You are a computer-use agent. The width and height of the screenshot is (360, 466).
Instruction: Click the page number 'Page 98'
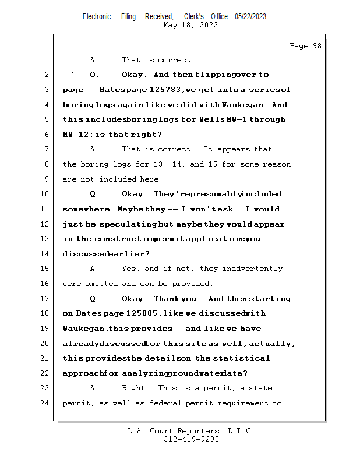coord(305,46)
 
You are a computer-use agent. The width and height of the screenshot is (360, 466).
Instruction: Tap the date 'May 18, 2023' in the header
coord(191,25)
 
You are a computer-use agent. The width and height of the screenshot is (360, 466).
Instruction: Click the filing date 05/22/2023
coord(250,17)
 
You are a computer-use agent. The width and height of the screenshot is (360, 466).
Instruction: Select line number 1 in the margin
coord(46,60)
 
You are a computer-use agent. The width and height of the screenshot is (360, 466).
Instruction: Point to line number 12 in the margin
coord(45,224)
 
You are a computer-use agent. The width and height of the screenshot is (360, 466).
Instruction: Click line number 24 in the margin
coord(45,403)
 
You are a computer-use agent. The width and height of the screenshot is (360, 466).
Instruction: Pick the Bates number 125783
coord(164,90)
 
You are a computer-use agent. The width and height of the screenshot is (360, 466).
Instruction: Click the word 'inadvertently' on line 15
coord(254,269)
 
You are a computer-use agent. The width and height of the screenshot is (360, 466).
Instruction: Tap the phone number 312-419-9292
coord(191,440)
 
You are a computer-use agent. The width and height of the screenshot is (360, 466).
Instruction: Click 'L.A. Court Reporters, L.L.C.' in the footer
coord(191,432)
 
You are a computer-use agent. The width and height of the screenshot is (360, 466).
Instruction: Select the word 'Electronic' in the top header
coord(97,17)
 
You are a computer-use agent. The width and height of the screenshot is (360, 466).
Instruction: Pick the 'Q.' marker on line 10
coord(95,195)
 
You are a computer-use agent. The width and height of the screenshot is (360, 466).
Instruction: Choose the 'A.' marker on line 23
coord(95,388)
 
